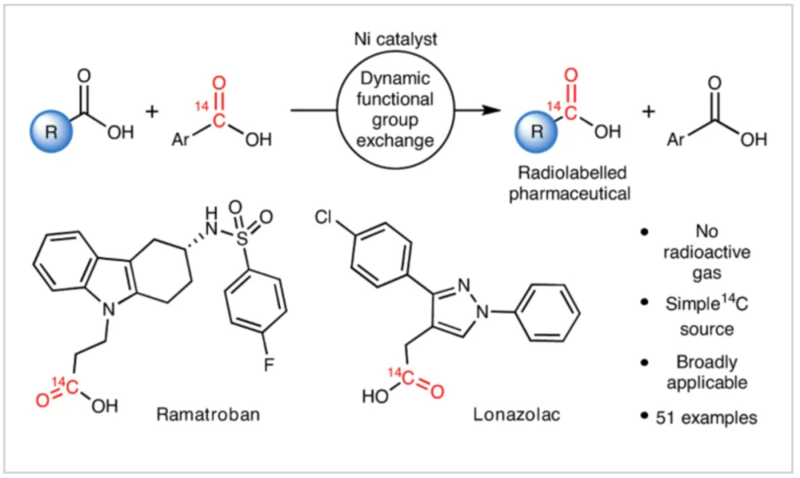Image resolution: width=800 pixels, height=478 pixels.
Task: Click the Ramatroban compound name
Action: coord(208,414)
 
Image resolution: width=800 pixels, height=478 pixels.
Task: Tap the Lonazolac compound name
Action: coord(516,414)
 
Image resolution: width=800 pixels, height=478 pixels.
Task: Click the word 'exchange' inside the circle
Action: coord(396,139)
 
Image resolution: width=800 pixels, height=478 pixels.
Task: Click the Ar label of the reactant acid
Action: coord(181,139)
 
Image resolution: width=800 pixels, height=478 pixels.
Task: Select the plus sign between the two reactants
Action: coord(153,112)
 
